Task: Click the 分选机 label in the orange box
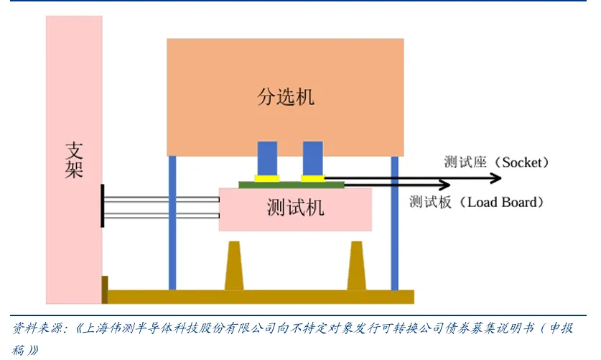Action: click(x=285, y=96)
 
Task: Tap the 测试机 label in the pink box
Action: click(x=295, y=208)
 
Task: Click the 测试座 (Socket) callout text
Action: click(x=496, y=162)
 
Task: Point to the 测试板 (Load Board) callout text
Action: click(x=473, y=202)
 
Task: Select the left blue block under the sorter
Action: click(x=267, y=157)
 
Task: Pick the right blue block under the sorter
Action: click(x=312, y=157)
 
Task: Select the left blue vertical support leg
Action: click(x=172, y=223)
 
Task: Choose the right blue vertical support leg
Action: click(x=394, y=223)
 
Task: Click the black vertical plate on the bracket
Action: click(x=103, y=206)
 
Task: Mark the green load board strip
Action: click(x=291, y=184)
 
